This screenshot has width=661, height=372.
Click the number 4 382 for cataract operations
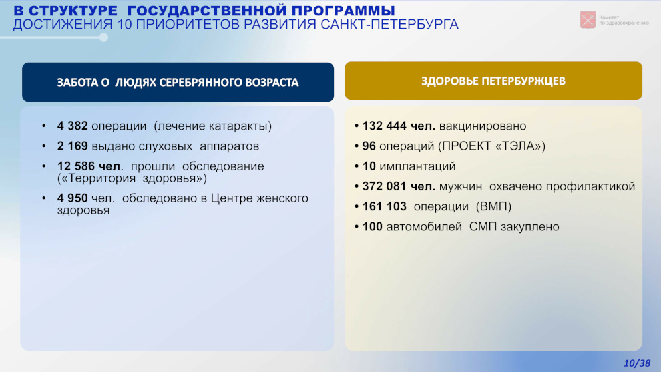(x=73, y=126)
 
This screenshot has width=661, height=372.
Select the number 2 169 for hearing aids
(x=73, y=146)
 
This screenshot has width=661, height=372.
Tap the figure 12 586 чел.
(x=89, y=166)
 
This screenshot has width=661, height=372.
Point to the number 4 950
(x=73, y=198)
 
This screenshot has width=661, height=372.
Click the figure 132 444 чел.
(x=399, y=126)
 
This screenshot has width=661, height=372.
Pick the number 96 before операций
(x=369, y=146)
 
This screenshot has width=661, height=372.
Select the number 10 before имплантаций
(x=369, y=166)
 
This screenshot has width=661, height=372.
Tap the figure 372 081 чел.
(x=399, y=186)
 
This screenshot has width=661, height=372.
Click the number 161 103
(x=385, y=206)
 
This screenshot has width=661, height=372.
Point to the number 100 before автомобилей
(x=373, y=227)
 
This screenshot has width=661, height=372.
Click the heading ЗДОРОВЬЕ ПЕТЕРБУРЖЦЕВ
(x=493, y=81)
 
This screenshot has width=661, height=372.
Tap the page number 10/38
(x=637, y=363)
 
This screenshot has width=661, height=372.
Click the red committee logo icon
(x=588, y=20)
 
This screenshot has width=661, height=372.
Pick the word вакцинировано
(x=483, y=126)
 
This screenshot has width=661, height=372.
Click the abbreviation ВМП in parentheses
(x=493, y=206)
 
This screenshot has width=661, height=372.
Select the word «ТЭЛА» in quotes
(x=517, y=146)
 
